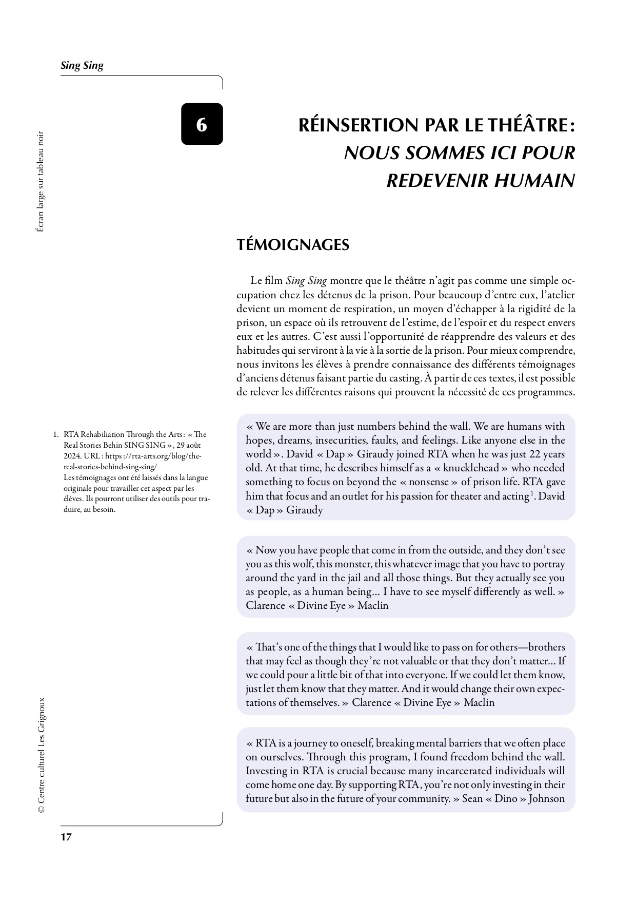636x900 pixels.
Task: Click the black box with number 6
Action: pyautogui.click(x=202, y=124)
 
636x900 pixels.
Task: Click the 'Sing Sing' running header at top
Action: pyautogui.click(x=82, y=65)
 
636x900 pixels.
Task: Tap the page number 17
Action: pyautogui.click(x=66, y=837)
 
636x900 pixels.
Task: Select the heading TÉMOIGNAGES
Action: pyautogui.click(x=293, y=244)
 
